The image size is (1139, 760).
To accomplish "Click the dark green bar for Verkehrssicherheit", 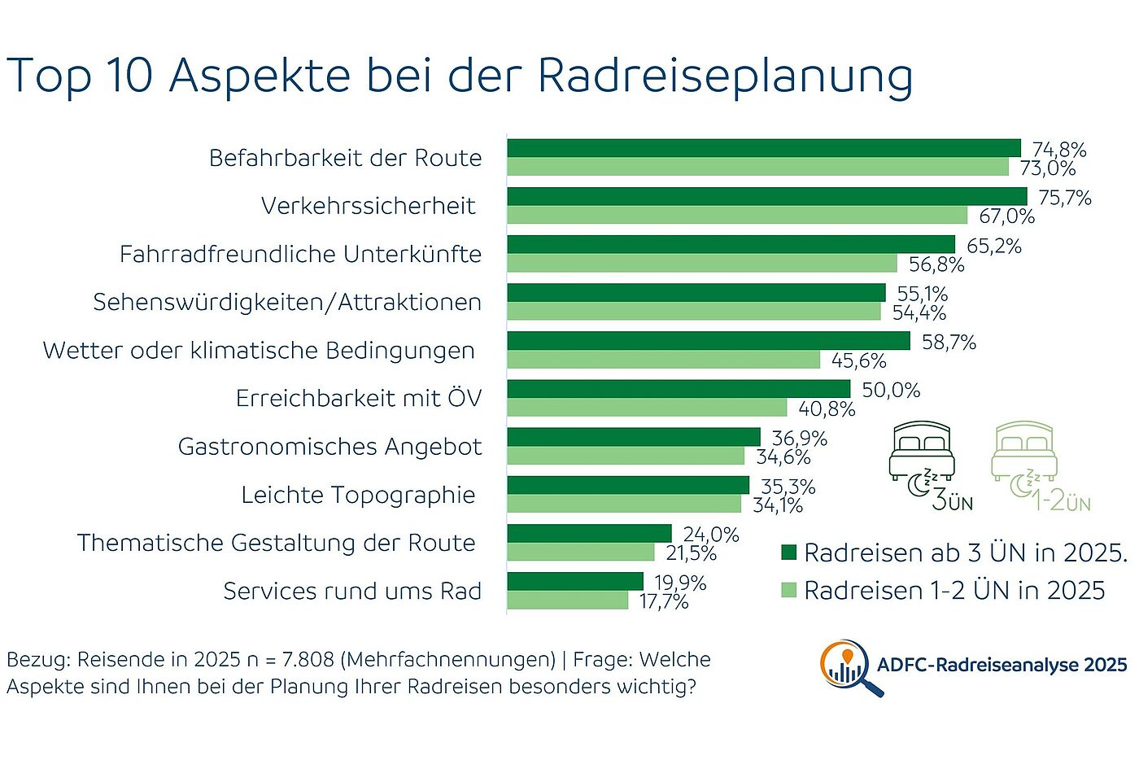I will click(x=766, y=196).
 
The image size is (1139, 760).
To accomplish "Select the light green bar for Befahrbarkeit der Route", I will click(x=757, y=167).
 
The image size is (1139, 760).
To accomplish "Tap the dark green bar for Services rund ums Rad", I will click(x=574, y=581).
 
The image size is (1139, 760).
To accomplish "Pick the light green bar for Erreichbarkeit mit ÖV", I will click(x=647, y=408).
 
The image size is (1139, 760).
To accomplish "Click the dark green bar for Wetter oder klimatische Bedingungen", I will click(x=708, y=340).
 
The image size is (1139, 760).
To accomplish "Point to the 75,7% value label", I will click(x=1065, y=198).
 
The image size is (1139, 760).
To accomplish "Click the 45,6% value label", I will click(x=859, y=360).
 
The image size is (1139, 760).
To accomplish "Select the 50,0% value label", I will click(x=891, y=391).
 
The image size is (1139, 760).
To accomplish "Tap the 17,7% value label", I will click(x=664, y=602).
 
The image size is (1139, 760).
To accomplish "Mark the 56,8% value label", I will click(x=936, y=264).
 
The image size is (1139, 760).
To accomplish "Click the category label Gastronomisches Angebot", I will click(x=329, y=447).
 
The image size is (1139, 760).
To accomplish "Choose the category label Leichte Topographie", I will click(x=358, y=495).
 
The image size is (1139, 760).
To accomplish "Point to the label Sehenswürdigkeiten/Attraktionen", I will click(x=287, y=303).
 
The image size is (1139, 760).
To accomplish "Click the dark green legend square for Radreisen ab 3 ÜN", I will click(x=788, y=553).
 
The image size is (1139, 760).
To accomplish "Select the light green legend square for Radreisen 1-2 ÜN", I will click(x=788, y=590).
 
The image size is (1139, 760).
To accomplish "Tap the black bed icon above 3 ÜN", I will click(x=922, y=451).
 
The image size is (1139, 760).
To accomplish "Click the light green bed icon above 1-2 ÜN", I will click(x=1024, y=451).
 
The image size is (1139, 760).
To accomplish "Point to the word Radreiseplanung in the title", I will click(x=725, y=76).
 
